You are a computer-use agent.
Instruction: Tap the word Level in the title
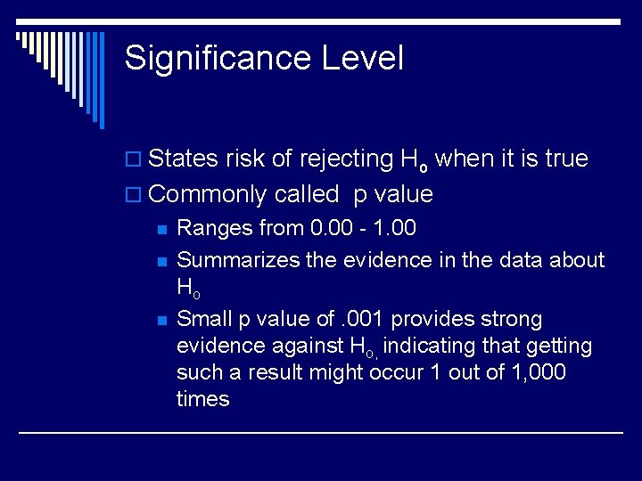(x=363, y=59)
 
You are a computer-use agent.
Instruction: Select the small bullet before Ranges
(x=161, y=229)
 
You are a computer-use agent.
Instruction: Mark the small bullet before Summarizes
(x=161, y=261)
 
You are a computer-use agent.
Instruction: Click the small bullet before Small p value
(x=161, y=320)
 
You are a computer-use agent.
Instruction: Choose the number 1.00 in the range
(x=391, y=229)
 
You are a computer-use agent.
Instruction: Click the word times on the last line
(x=202, y=399)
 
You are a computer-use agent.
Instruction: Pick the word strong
(x=511, y=319)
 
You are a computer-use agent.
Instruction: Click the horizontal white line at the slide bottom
(x=321, y=433)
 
